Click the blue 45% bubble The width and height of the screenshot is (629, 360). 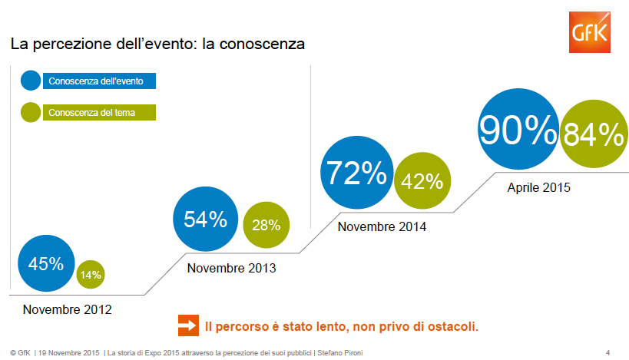(45, 264)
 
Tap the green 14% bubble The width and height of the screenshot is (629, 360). (91, 274)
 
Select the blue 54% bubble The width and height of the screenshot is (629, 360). (205, 220)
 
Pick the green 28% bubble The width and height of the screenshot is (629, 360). (266, 225)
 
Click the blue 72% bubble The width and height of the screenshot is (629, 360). (356, 174)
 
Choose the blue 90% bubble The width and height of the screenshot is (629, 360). (518, 131)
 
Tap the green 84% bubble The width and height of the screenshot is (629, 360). (592, 135)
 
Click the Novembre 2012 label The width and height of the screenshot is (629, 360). (67, 310)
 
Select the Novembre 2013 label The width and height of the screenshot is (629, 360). (231, 269)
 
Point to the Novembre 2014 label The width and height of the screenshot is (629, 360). (382, 227)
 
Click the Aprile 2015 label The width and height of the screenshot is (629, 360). (539, 187)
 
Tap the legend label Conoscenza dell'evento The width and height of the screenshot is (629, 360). (101, 81)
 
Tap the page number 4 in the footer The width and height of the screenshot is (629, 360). (607, 352)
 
